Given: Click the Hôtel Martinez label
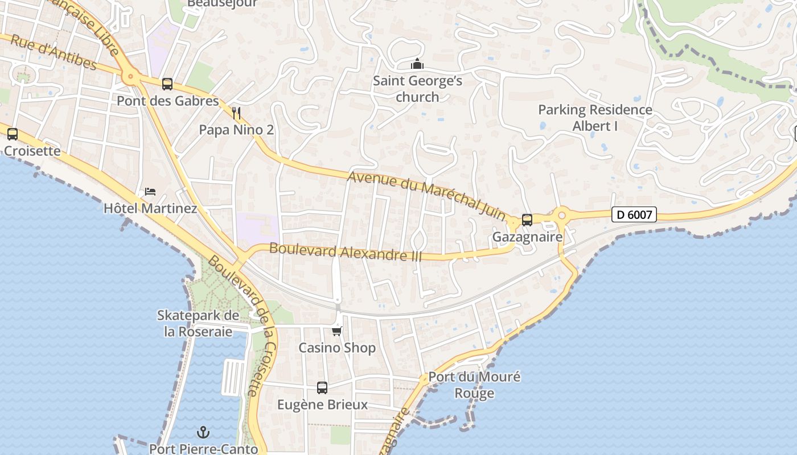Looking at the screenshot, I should point(150,208).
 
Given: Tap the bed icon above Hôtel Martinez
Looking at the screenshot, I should point(150,191).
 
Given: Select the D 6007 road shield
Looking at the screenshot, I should point(634,214).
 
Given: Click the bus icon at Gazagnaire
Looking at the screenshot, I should point(527,220).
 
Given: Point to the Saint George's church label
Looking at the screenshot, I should point(417,89).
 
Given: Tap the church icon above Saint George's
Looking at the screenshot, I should point(417,64).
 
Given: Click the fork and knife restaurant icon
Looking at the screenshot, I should point(237,113).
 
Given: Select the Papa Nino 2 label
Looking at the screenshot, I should point(236,130).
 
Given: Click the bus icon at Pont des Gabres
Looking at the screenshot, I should point(167,84).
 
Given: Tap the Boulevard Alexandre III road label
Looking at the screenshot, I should point(346,251).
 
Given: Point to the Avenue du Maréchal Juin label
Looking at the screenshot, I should point(426,195).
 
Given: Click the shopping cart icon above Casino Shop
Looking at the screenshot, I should point(337,330).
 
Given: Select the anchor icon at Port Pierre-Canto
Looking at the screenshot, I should point(203,433).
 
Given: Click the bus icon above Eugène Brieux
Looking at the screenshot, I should point(322,388).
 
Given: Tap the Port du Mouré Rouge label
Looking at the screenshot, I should point(474,385).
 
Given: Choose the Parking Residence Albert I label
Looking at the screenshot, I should point(595,118).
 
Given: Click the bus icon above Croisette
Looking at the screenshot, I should point(13,134).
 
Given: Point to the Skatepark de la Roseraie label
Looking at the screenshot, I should point(198,323).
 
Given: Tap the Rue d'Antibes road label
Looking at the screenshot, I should point(54,52).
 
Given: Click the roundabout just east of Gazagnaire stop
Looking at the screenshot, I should point(562,215).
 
